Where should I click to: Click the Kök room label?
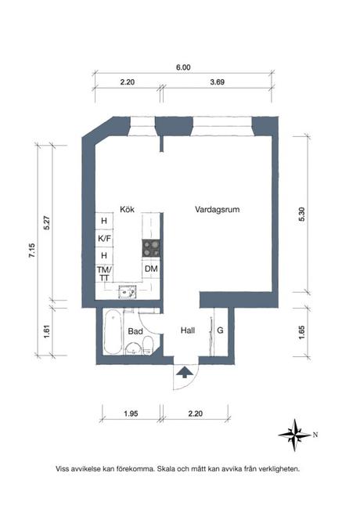click(x=128, y=210)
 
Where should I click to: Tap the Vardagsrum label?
click(x=217, y=210)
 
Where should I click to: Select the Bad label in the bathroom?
click(x=135, y=331)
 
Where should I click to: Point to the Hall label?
click(x=188, y=330)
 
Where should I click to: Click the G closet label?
click(x=221, y=330)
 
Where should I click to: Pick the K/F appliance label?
click(x=103, y=238)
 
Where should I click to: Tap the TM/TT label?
click(x=103, y=273)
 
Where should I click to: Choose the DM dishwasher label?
click(x=152, y=269)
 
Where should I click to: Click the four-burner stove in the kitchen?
click(x=152, y=249)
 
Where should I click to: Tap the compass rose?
click(x=296, y=433)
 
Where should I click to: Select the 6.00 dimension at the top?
click(x=183, y=68)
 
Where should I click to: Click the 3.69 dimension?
click(x=218, y=81)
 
